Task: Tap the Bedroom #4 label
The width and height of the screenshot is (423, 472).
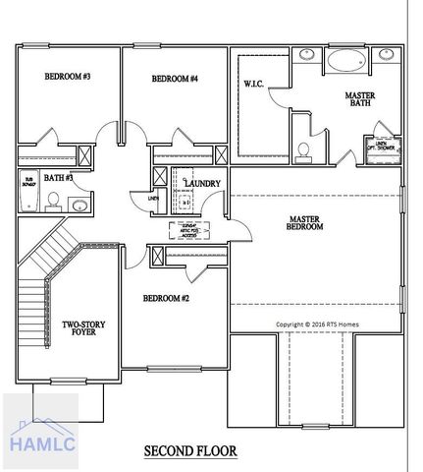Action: coord(175,79)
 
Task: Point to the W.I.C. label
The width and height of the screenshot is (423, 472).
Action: coord(254,84)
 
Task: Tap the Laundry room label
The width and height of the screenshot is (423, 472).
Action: coord(202,183)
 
